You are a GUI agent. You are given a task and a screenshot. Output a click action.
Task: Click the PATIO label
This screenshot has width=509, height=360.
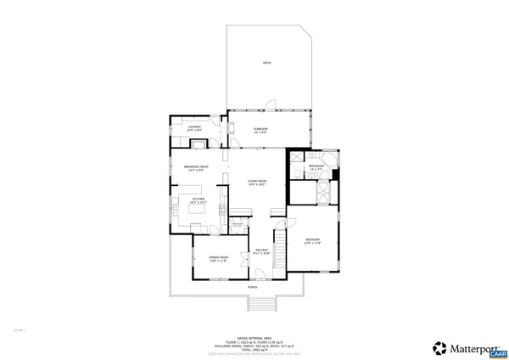tap(266, 64)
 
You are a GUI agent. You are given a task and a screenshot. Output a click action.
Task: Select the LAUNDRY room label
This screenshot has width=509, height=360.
tap(194, 128)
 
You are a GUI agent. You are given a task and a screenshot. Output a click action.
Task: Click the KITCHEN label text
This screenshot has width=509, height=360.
tap(198, 200)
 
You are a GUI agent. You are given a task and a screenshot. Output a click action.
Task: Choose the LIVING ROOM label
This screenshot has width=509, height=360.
tap(257, 183)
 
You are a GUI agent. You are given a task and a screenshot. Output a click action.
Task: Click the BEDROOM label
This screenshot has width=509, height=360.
tap(313, 241)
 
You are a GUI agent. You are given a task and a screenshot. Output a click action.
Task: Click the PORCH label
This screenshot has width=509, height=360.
tap(253, 288)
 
